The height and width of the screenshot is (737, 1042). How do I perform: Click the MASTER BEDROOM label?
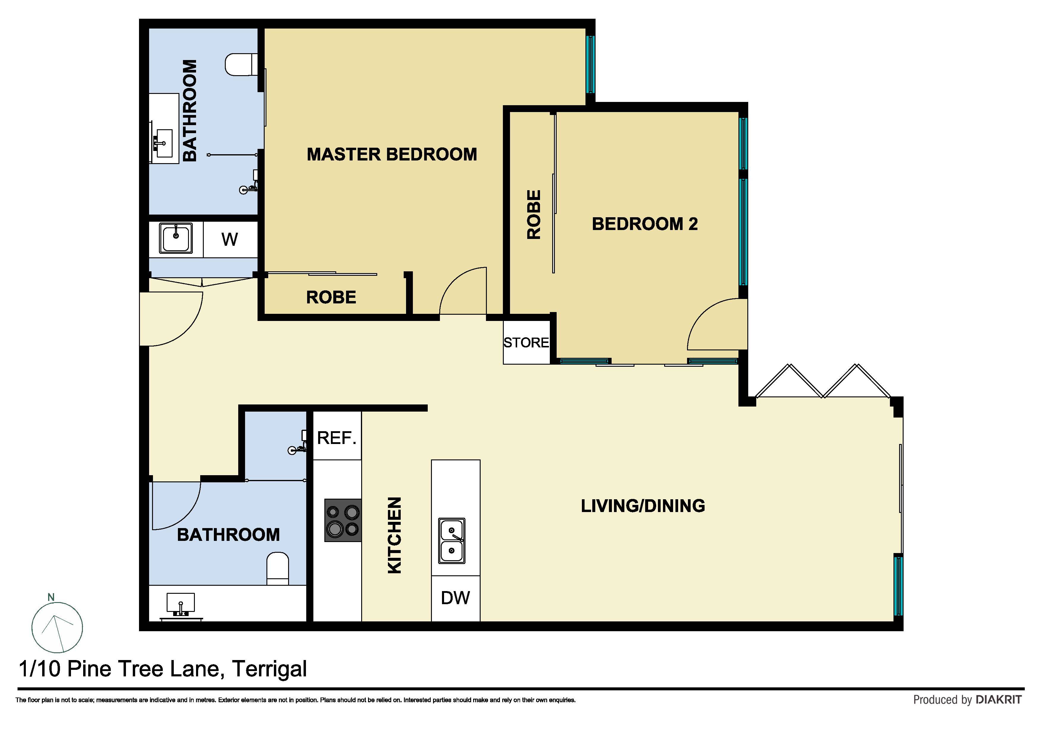pos(392,155)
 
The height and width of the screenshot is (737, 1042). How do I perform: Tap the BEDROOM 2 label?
pos(645,224)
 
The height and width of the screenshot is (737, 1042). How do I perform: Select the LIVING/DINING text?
pos(642,506)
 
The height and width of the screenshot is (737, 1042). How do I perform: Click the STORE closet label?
pos(526,342)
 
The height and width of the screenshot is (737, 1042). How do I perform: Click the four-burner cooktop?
pos(343,520)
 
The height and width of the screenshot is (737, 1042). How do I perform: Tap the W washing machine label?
pos(230,239)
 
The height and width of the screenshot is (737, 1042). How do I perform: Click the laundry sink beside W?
pos(176,238)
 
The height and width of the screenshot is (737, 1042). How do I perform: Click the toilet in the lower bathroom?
pos(277,569)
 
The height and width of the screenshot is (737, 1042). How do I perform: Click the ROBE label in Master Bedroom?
pos(331,297)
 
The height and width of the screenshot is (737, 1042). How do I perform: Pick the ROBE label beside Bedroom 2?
pos(534,214)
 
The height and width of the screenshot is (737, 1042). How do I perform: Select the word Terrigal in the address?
pos(270,669)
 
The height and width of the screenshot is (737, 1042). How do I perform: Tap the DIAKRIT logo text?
pos(998,700)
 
